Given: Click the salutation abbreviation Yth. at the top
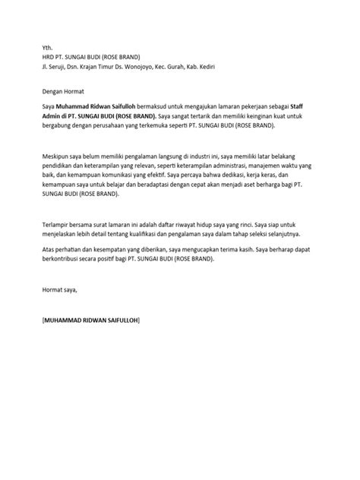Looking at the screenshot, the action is pyautogui.click(x=48, y=46).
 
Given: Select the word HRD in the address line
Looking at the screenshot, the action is pyautogui.click(x=50, y=56).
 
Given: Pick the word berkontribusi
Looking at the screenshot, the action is pyautogui.click(x=67, y=257).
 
